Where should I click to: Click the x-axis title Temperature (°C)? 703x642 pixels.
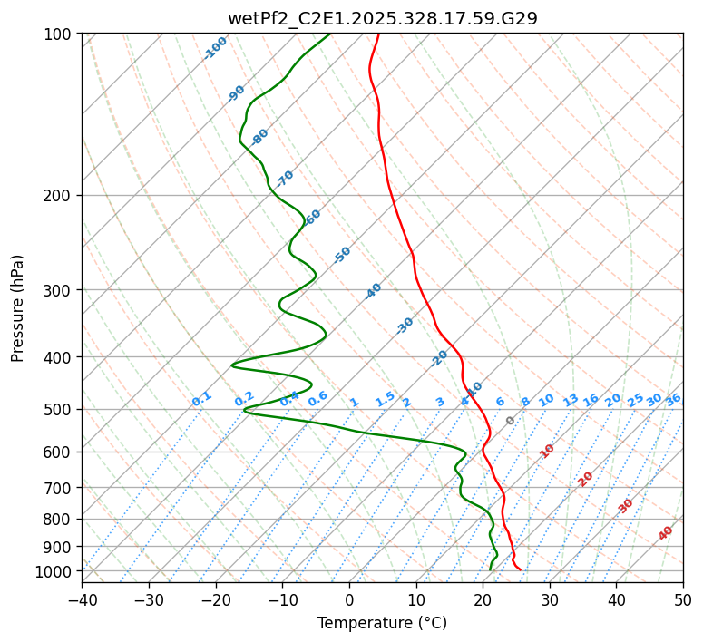[x=382, y=623]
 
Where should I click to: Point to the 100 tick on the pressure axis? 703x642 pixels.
[x=59, y=34]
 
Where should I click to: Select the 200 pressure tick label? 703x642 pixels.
[x=59, y=196]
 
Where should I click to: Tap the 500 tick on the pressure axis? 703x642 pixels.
[x=59, y=409]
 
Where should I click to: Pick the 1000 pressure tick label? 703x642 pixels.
[x=55, y=571]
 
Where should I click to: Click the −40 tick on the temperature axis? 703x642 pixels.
[x=82, y=599]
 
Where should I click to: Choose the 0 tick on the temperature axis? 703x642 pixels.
[x=349, y=599]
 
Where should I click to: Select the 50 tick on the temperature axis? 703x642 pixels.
[x=683, y=599]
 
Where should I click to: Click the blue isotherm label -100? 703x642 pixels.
[x=215, y=47]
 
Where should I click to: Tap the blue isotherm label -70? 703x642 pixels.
[x=285, y=178]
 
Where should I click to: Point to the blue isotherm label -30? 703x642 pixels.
[x=405, y=326]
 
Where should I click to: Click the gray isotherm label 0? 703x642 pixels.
[x=511, y=421]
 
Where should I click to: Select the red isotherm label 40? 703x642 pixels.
[x=666, y=533]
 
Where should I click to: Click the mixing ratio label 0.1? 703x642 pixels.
[x=201, y=399]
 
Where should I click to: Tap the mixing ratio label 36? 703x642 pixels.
[x=673, y=399]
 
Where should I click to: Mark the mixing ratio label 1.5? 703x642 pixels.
[x=385, y=399]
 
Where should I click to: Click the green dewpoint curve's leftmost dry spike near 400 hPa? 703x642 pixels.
[x=233, y=365]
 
